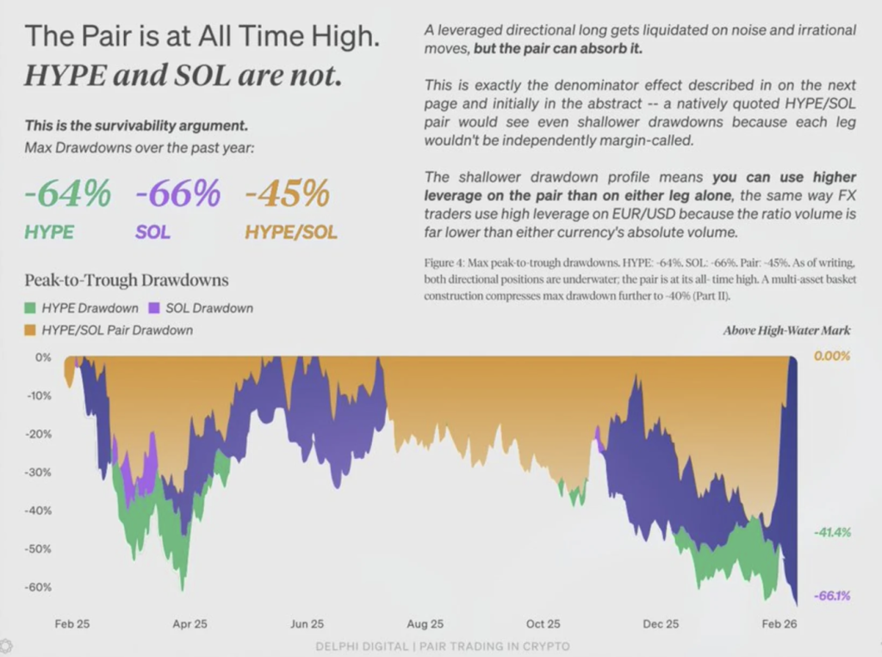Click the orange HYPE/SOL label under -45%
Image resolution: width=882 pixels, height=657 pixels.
coord(291,232)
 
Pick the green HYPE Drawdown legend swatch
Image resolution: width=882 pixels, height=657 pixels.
coord(30,308)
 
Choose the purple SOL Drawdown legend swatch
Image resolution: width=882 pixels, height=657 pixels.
coord(155,308)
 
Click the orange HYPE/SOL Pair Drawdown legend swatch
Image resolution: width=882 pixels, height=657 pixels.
coord(30,330)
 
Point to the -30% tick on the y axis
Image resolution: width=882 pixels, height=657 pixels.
coord(40,473)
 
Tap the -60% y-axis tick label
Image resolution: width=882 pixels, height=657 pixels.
coord(40,587)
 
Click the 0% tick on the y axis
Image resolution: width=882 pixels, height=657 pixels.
coord(44,357)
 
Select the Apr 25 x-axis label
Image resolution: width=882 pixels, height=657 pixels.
coord(189,624)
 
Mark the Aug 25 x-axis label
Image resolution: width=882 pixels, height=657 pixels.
coord(425,624)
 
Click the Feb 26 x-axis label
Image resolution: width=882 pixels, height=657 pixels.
coord(779,624)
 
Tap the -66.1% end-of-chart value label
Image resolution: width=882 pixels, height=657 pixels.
coord(832,595)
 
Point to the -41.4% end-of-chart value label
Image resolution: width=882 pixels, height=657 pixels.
coord(832,533)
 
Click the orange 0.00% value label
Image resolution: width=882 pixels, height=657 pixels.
coord(832,356)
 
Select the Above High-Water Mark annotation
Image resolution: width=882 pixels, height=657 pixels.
coord(786,331)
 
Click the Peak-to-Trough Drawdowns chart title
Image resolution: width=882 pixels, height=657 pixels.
coord(127,281)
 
